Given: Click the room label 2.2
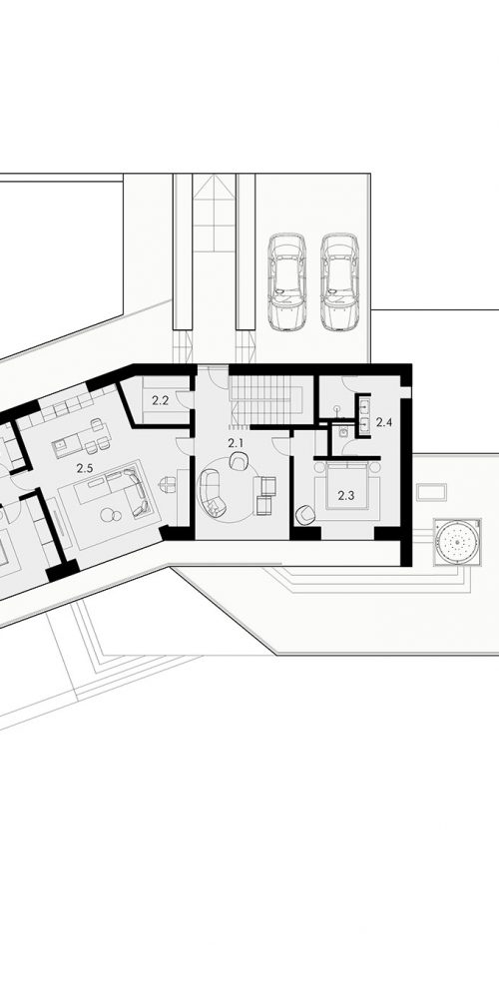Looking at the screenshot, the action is [161, 400].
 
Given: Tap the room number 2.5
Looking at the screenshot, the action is [85, 468].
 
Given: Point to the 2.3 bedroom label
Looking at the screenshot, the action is [345, 496].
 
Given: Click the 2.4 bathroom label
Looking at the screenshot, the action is [384, 421].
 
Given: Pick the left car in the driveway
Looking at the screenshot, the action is [286, 281].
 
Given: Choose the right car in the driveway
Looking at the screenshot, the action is [339, 281].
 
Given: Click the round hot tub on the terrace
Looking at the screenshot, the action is [457, 542].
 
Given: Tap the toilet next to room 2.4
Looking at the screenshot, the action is [343, 431].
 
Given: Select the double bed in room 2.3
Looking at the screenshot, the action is [348, 487].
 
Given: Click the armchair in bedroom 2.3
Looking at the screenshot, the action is [304, 515].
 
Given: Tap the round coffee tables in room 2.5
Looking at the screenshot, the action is [111, 514].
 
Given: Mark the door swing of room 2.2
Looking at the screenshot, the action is [185, 399].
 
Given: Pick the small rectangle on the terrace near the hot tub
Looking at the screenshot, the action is [431, 492].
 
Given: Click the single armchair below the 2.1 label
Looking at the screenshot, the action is [239, 461].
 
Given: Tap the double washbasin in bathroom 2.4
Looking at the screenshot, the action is [365, 414].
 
